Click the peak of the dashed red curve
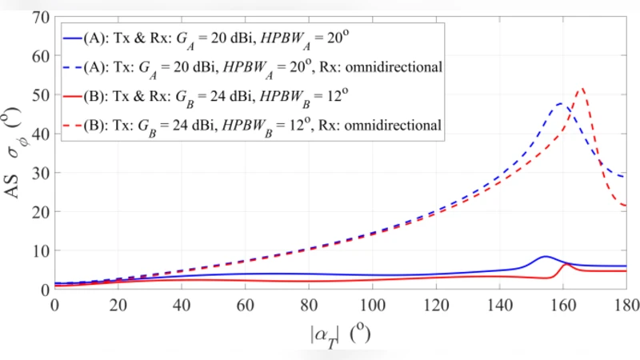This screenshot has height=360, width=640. [x=581, y=89]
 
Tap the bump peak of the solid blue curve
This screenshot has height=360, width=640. [x=545, y=257]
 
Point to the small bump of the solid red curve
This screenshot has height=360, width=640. [x=566, y=264]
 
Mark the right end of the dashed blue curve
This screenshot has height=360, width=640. [x=625, y=177]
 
